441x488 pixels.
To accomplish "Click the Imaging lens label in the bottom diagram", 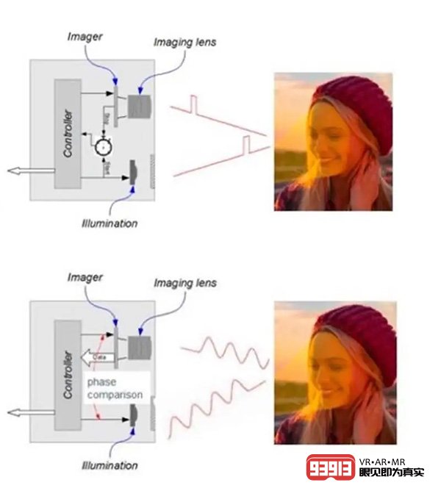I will [x=184, y=284].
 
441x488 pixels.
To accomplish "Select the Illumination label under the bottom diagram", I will [x=110, y=465].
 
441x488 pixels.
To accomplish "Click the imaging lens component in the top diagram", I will [x=138, y=107].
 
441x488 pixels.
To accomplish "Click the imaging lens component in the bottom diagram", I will [x=137, y=348].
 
